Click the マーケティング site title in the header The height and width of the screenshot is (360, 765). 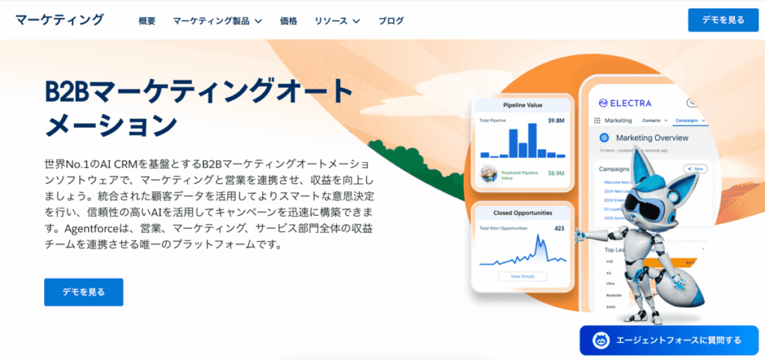coord(59,20)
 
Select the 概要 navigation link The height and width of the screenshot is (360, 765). coord(147,21)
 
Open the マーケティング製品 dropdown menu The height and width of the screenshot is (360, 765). coord(217,21)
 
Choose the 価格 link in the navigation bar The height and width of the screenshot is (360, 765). coord(288,21)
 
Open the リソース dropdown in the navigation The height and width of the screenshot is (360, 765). coord(337,21)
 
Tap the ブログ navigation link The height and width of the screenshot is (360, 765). coord(391,21)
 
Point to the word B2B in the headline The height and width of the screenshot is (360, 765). coord(70,91)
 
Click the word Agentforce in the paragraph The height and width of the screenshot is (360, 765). coord(96,227)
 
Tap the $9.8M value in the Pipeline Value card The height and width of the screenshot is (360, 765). coord(555,120)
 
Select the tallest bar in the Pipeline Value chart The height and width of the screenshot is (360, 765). coord(532,140)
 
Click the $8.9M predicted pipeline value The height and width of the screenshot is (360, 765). coord(556,173)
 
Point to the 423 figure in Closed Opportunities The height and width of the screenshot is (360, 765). coord(559,228)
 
